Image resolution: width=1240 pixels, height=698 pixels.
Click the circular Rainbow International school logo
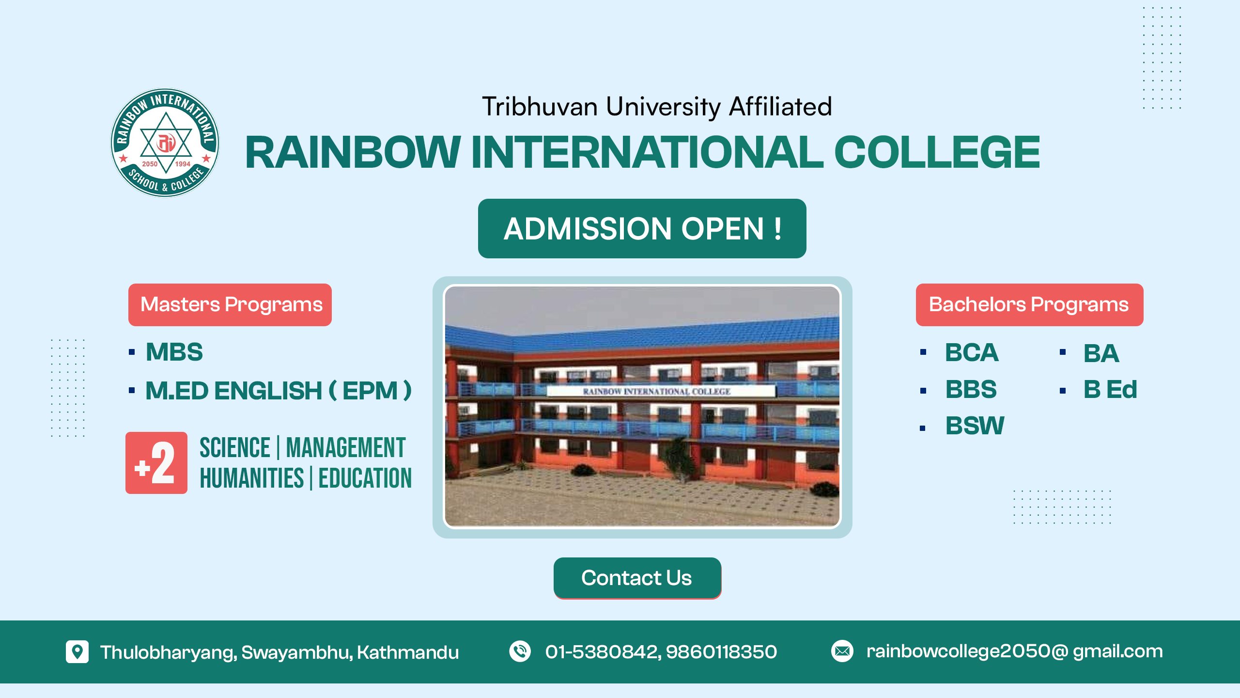(165, 143)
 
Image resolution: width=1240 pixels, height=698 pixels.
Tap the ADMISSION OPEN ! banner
(642, 228)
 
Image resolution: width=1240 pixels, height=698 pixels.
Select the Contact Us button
(637, 578)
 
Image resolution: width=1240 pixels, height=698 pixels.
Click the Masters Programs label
(230, 304)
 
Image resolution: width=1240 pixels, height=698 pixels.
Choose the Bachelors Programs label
(1029, 304)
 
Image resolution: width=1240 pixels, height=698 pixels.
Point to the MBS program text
(174, 352)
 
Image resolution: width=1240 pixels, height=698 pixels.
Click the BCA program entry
(972, 352)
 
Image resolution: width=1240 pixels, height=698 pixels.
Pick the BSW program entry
(975, 426)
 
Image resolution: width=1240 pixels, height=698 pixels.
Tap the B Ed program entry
(1110, 389)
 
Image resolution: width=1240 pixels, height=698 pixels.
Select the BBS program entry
(971, 389)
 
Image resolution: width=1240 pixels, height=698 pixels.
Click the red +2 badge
(156, 463)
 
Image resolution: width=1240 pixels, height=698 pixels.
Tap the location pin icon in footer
(77, 651)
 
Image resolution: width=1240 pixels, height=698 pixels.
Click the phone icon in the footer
(520, 651)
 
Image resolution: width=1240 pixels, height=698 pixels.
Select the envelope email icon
(842, 651)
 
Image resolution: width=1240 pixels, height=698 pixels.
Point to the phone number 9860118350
(721, 652)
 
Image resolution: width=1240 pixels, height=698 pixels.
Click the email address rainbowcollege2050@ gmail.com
(1014, 652)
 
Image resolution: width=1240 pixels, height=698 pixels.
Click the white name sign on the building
(661, 391)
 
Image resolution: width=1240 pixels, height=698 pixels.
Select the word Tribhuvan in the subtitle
(540, 107)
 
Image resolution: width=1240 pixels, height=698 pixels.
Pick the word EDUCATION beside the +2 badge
(365, 478)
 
